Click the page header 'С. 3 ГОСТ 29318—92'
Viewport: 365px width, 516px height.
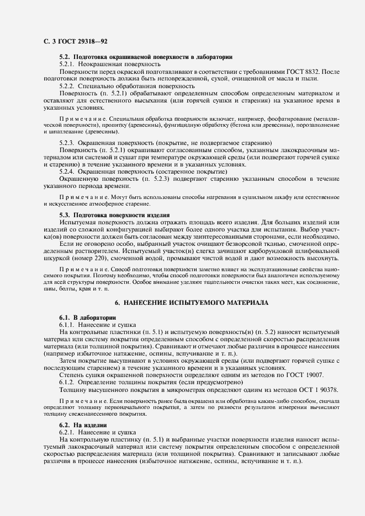click(72, 41)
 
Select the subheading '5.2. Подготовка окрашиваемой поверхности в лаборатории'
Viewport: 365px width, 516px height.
click(146, 57)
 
